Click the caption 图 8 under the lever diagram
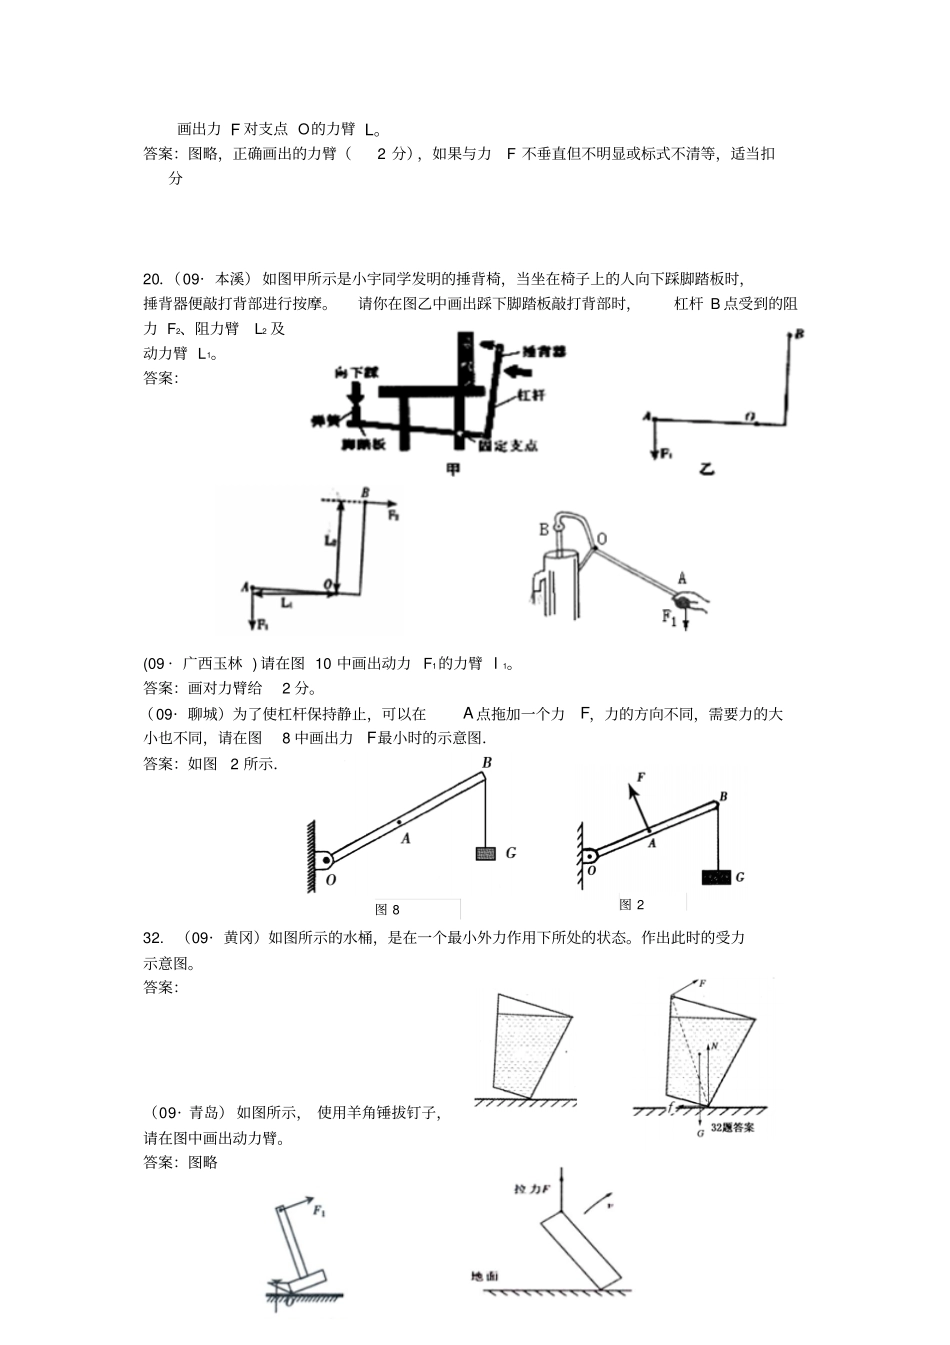[x=387, y=909]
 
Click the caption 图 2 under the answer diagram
[x=631, y=904]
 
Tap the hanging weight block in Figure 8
[x=485, y=853]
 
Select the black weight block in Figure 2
[x=716, y=877]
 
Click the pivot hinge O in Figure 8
[x=324, y=860]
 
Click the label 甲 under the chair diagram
[x=453, y=468]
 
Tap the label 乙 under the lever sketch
[x=706, y=468]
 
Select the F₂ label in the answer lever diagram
[x=393, y=516]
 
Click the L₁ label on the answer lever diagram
[x=287, y=603]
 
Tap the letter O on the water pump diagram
[x=601, y=539]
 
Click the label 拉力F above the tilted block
[x=532, y=1189]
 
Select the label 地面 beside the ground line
[x=484, y=1276]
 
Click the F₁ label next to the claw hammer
[x=319, y=1211]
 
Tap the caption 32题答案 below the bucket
[x=732, y=1127]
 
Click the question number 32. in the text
[x=153, y=937]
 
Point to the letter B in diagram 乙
[x=799, y=334]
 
